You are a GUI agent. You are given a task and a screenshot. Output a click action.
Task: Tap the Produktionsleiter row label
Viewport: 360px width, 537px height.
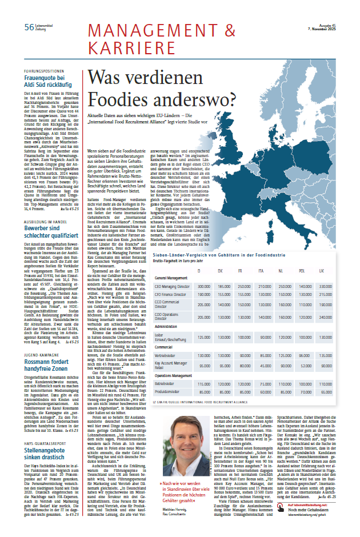[x=166, y=391]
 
